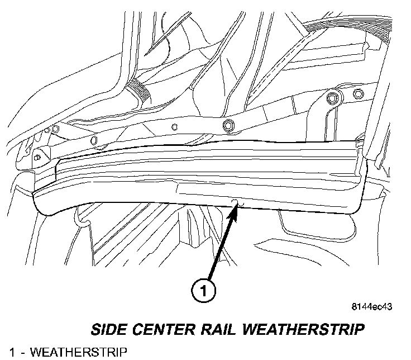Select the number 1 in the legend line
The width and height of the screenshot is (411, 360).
pyautogui.click(x=4, y=352)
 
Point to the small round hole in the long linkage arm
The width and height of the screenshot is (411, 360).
pyautogui.click(x=174, y=126)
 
